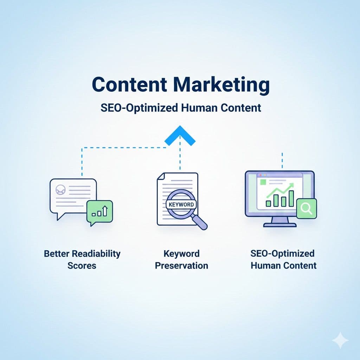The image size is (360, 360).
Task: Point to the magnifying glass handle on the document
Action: click(200, 223)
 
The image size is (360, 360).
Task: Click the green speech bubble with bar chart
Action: click(100, 212)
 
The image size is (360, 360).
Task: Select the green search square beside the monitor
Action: click(307, 209)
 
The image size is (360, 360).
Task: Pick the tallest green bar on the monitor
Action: click(291, 199)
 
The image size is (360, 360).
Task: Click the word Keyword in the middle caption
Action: click(181, 253)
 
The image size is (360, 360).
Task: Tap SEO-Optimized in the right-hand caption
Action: click(283, 253)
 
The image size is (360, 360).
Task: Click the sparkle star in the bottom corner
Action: click(340, 340)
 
